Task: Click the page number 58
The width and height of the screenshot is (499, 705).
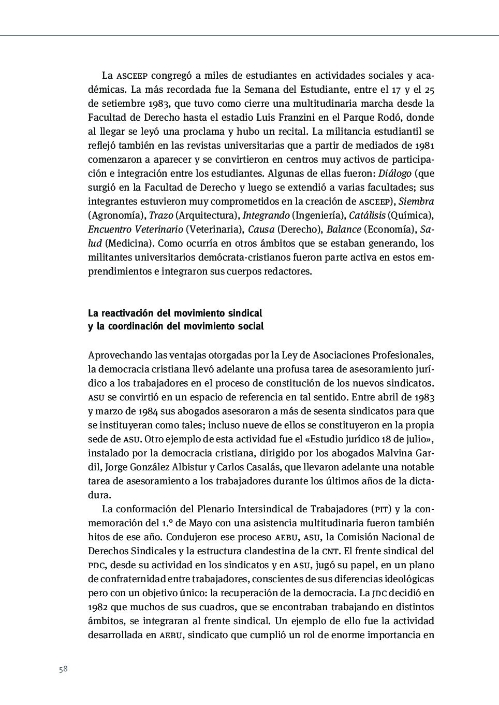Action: (63, 669)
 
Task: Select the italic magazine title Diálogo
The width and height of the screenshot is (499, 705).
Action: (395, 174)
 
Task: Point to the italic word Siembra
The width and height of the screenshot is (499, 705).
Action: (416, 202)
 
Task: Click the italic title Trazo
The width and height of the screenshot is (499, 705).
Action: (161, 215)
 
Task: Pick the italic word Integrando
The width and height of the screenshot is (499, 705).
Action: (266, 215)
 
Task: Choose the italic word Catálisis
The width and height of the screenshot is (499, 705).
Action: (367, 215)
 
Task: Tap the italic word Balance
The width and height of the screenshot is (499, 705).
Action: (344, 229)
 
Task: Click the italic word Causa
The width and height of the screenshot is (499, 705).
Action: (261, 229)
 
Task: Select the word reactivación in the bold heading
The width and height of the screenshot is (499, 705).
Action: (136, 313)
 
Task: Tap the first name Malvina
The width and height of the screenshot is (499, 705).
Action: (397, 453)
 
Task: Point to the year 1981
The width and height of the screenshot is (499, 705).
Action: (424, 146)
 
